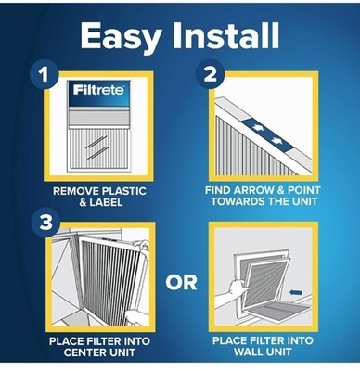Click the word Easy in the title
[x=120, y=36]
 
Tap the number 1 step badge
[x=44, y=74]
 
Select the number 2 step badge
[x=211, y=74]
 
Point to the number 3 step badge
[x=46, y=222]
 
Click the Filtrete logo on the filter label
[x=99, y=90]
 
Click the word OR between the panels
[x=181, y=283]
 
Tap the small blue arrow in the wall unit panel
[x=297, y=292]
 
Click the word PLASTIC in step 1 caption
[x=124, y=191]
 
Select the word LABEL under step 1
[x=106, y=202]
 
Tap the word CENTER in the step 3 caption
[x=84, y=352]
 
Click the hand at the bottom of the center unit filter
[x=136, y=317]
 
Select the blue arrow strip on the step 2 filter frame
[x=267, y=134]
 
